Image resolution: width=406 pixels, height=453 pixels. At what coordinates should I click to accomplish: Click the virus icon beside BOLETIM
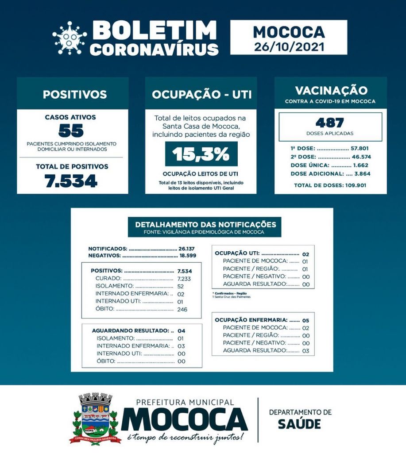pos(70,38)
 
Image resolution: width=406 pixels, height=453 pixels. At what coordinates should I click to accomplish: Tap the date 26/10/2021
pos(289,46)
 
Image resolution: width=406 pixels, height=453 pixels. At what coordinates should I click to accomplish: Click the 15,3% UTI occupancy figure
pos(201,154)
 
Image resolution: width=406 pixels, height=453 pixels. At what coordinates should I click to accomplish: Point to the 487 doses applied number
pos(330,123)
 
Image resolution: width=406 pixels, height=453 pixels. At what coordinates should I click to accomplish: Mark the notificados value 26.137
pos(186,249)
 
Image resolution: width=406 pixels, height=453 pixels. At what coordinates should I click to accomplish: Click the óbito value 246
pos(182,309)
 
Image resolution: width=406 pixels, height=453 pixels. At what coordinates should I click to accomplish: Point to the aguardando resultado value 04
pos(181,330)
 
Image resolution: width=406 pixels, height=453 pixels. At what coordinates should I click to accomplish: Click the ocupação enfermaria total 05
pos(305,320)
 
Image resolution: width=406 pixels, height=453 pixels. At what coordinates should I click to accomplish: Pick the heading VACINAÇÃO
pos(331,90)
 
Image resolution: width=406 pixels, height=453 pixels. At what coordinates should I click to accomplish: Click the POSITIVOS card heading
pos(74,94)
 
